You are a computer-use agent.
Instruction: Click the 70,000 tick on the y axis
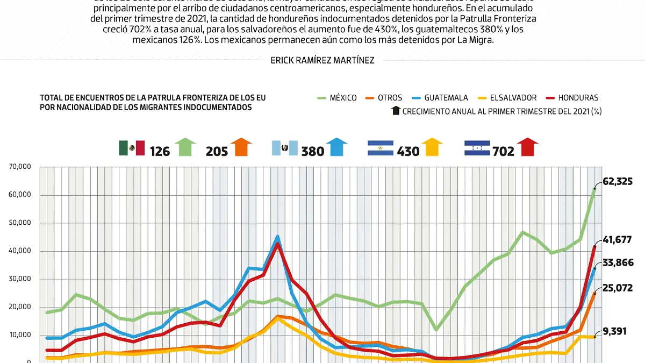[x=20, y=167]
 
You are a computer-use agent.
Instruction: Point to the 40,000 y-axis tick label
[x=20, y=251]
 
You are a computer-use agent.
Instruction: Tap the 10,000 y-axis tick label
[x=20, y=335]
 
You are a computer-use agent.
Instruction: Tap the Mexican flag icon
[x=132, y=148]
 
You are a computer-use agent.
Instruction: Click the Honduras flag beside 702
[x=477, y=148]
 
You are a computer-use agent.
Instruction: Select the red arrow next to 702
[x=528, y=147]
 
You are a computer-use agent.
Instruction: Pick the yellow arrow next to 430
[x=432, y=147]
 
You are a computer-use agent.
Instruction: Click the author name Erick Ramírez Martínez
[x=322, y=61]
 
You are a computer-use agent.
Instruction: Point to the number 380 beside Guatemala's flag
[x=313, y=151]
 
